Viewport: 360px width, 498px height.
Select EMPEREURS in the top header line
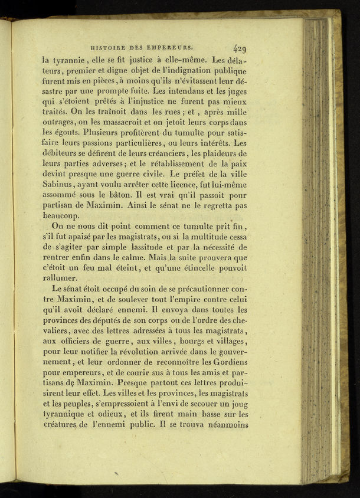pyautogui.click(x=173, y=49)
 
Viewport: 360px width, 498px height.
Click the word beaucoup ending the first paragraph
pyautogui.click(x=63, y=217)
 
